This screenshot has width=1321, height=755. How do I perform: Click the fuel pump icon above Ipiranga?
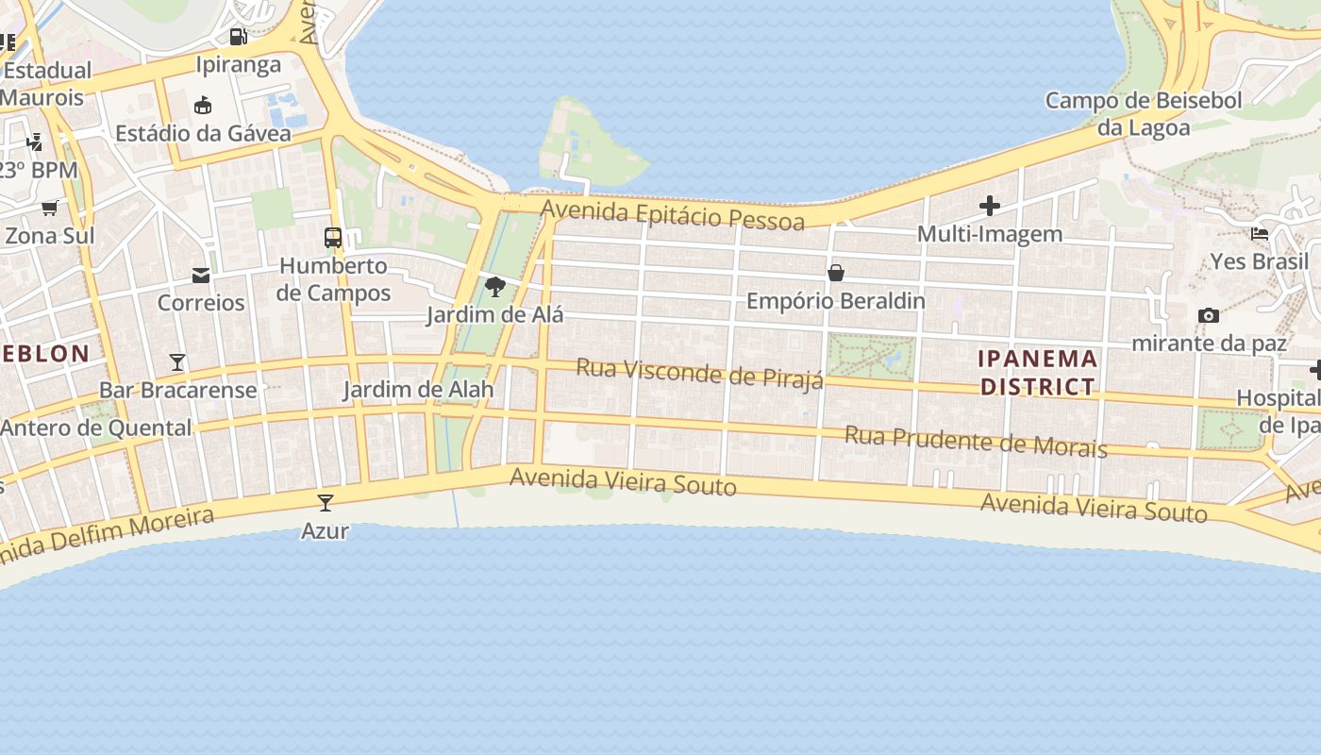[x=239, y=37]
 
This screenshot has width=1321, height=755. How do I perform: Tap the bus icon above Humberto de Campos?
[x=333, y=237]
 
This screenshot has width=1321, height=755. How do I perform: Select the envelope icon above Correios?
[x=201, y=276]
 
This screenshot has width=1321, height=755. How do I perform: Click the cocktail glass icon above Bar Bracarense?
[x=177, y=361]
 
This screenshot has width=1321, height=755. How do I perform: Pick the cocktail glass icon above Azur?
[x=326, y=502]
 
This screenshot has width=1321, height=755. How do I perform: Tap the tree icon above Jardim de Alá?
[x=494, y=287]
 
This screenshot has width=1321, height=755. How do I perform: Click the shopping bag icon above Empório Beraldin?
[x=835, y=274]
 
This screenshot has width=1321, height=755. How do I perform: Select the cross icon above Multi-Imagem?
[x=989, y=205]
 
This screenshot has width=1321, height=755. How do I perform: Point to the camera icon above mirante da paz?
[x=1208, y=315]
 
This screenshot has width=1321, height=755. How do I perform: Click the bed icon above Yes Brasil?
[x=1259, y=233]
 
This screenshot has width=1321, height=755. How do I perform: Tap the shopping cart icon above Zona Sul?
[x=49, y=208]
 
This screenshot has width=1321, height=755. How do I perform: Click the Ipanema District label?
[x=1038, y=373]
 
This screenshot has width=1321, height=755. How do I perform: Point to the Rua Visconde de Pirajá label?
[x=699, y=373]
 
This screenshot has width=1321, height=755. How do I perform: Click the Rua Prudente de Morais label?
[x=976, y=442]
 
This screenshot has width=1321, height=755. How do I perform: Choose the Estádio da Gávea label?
[x=203, y=133]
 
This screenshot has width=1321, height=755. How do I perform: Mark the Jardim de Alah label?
[x=418, y=390]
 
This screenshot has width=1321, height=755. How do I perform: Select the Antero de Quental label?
[x=96, y=428]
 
